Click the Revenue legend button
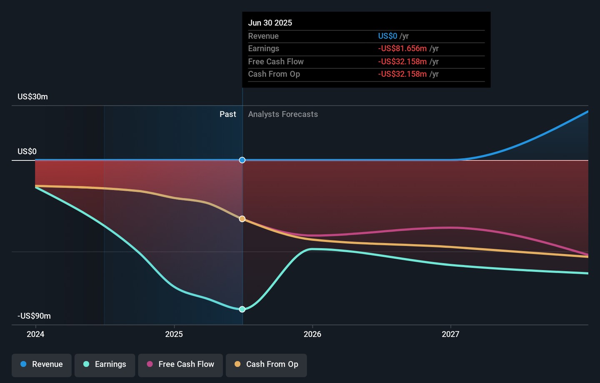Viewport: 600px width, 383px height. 42,365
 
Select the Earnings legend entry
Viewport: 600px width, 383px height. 105,365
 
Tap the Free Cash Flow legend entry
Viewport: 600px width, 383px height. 180,365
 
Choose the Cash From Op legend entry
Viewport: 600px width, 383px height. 266,365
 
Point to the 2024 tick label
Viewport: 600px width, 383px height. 35,334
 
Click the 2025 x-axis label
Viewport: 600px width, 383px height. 174,334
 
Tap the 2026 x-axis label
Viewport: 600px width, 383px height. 312,334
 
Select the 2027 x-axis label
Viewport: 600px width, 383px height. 450,334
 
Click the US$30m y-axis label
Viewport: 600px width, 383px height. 32,97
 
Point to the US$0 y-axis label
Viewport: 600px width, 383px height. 27,151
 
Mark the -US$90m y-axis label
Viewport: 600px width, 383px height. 34,316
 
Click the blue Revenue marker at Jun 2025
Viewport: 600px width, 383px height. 242,160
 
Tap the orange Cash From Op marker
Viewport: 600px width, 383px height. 242,219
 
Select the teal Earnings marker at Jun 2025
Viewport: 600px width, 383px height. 242,309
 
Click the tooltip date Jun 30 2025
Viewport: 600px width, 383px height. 270,23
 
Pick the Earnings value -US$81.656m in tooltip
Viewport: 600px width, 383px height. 402,49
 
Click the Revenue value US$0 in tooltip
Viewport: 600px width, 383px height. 387,36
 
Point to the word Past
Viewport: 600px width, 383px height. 227,114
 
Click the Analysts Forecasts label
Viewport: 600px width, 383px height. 283,114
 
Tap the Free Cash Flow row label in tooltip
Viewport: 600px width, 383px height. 276,62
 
